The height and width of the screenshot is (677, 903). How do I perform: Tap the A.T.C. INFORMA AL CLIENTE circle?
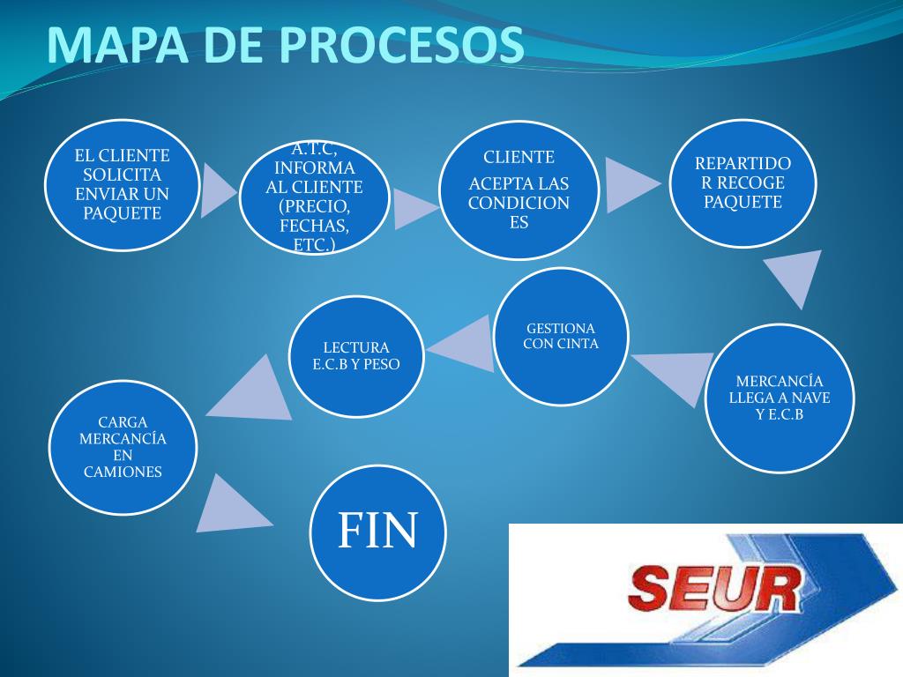coord(315,198)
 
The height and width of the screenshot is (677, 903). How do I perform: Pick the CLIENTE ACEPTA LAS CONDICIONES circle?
coord(519,190)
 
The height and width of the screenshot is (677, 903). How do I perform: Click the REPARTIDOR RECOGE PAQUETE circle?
coord(743,183)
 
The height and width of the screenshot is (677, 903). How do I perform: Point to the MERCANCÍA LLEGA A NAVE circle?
coord(780,398)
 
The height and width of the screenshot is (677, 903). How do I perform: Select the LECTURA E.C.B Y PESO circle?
coord(356,356)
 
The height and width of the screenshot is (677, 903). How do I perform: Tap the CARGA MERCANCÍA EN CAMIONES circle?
coord(123,447)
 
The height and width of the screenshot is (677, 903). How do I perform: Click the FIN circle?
coord(378,532)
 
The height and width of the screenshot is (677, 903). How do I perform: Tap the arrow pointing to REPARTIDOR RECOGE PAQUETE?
coord(628,183)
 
